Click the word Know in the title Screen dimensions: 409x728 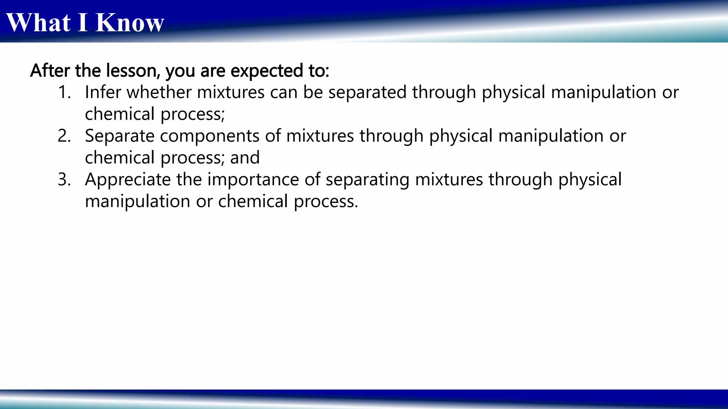[130, 23]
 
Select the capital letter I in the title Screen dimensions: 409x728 [83, 23]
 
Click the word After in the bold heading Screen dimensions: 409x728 [50, 70]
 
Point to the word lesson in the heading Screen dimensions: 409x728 [133, 70]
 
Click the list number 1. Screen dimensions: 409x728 [64, 92]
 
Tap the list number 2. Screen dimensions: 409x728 [64, 136]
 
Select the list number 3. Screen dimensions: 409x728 [64, 180]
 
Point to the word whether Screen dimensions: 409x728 [159, 92]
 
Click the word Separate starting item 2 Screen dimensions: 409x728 [119, 136]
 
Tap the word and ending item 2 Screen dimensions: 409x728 [245, 158]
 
